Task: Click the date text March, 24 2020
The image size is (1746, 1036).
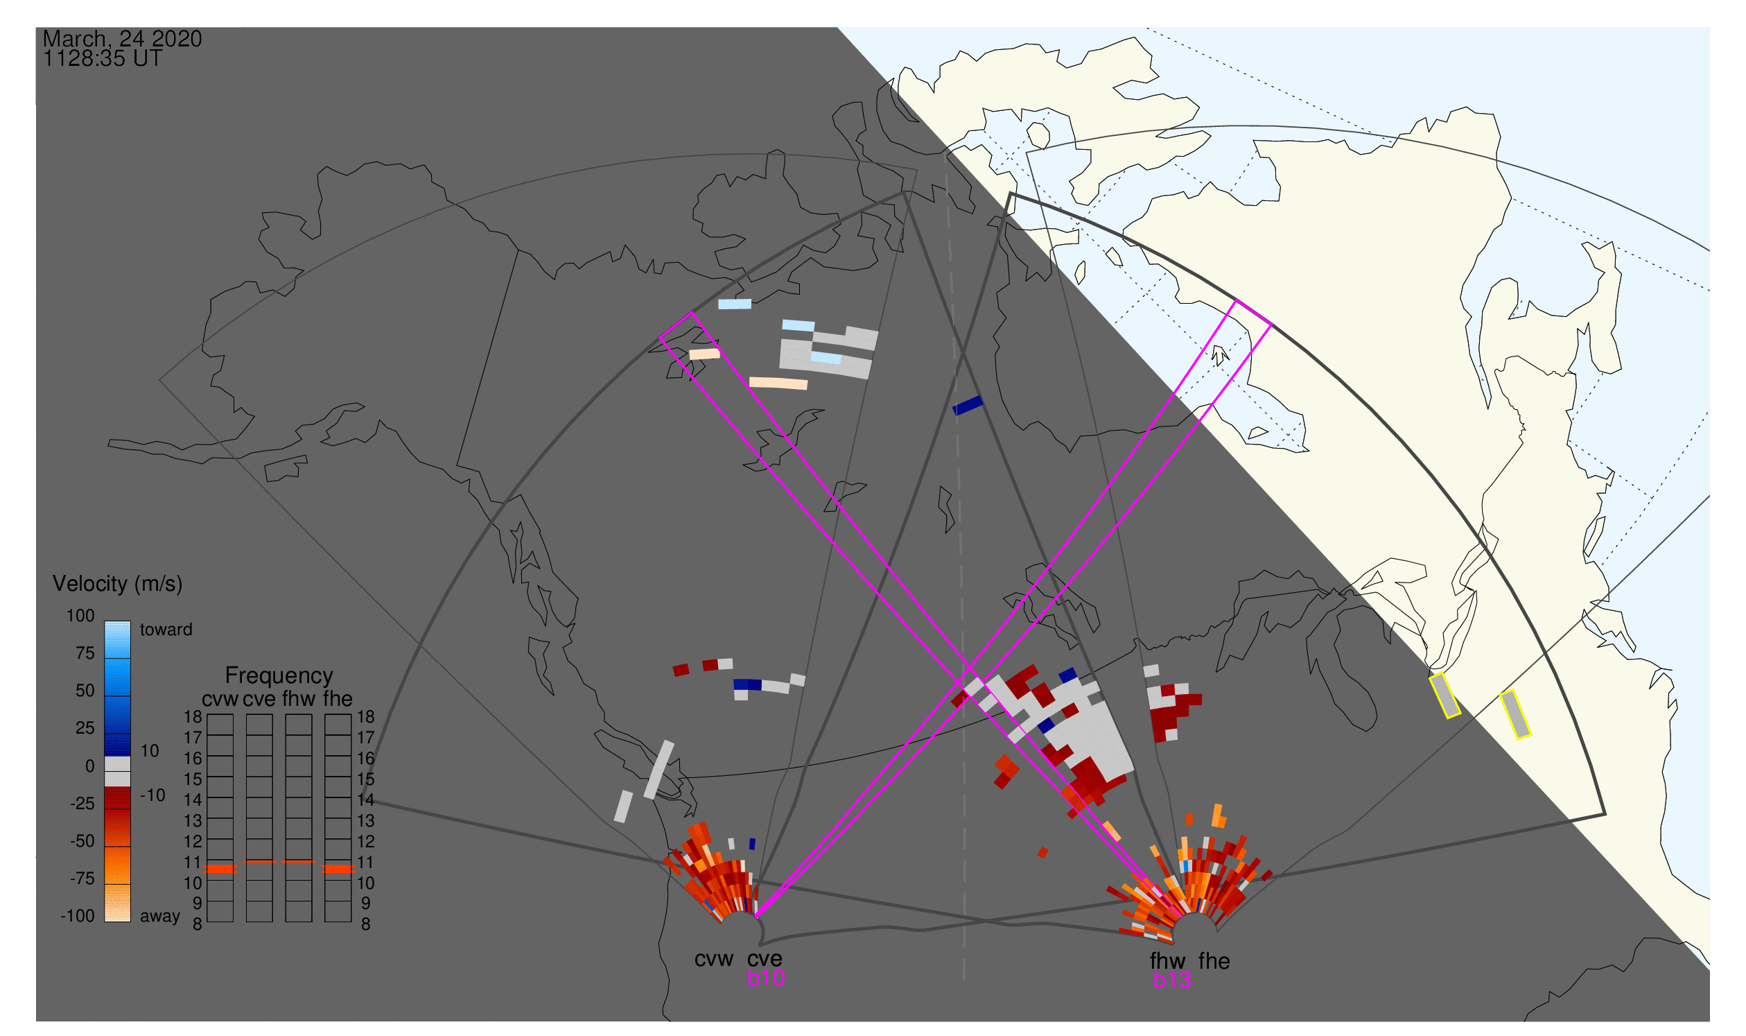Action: click(122, 39)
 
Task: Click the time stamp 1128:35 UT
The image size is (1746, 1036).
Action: click(103, 59)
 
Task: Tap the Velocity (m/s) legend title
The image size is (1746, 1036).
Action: click(117, 585)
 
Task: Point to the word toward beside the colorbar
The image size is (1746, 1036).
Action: click(166, 630)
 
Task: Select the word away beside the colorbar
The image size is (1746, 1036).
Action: click(160, 917)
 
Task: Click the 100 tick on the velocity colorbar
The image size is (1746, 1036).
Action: click(80, 616)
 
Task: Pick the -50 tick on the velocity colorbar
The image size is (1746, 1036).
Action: click(82, 841)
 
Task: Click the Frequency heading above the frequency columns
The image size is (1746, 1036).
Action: click(279, 677)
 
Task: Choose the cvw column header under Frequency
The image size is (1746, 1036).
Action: click(220, 700)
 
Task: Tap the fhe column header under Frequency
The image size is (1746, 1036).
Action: click(338, 700)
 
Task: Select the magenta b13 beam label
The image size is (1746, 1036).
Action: click(1171, 981)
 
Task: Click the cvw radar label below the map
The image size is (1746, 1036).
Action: click(713, 960)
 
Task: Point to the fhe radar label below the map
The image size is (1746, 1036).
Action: click(1214, 962)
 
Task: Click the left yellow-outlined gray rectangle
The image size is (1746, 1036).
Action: click(1444, 696)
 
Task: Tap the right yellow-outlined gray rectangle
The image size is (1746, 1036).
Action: click(1515, 714)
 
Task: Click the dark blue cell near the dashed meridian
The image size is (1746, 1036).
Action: click(967, 406)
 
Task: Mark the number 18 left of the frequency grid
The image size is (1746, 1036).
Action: click(193, 717)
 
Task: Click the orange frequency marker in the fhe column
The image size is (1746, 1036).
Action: click(338, 869)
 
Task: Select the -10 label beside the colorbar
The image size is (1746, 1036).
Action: click(152, 795)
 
